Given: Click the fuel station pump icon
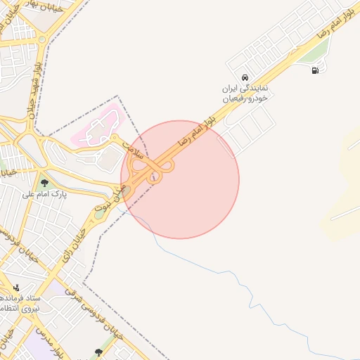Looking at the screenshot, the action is click(314, 70).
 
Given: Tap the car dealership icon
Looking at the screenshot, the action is click(243, 77).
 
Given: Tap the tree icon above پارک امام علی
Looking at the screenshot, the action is click(44, 182).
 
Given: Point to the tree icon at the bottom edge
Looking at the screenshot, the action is click(97, 352).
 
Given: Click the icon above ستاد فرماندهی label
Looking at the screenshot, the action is click(17, 288).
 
